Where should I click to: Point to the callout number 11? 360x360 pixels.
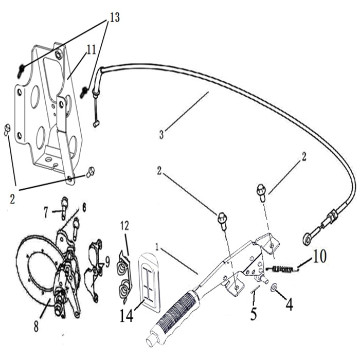91,50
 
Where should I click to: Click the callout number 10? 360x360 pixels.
319,257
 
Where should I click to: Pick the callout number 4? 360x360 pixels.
290,304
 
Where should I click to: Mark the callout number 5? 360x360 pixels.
254,313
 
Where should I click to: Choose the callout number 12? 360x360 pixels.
124,226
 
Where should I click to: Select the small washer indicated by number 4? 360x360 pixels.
273,286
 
